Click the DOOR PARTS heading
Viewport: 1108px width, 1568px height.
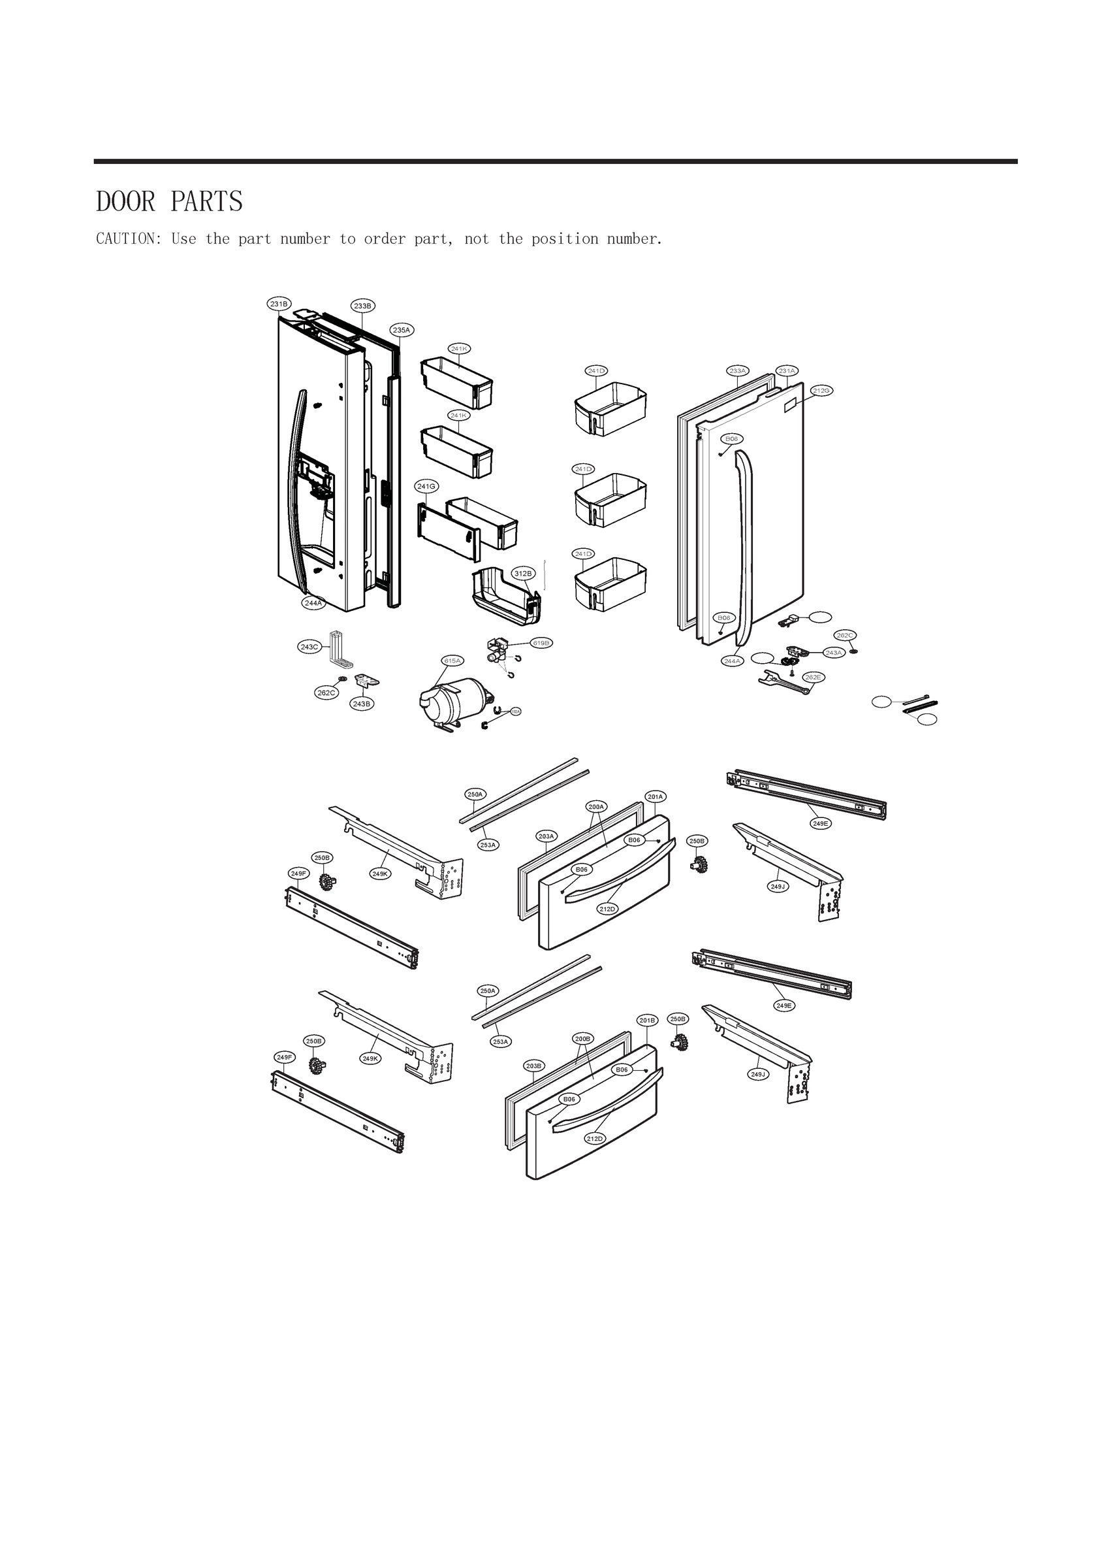[169, 202]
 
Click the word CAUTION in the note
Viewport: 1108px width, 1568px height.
[127, 239]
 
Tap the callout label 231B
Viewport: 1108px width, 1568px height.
[279, 304]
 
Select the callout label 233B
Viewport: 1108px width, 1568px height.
[362, 306]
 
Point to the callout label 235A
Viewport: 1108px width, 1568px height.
[402, 330]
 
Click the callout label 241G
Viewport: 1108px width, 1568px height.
[426, 486]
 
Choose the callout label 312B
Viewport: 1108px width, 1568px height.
[523, 574]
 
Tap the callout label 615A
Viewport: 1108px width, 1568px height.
[452, 661]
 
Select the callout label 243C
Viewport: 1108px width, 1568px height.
[309, 647]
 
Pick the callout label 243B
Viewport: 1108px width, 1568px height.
[362, 704]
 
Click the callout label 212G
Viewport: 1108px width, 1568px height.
[821, 391]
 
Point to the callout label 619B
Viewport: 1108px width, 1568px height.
[541, 643]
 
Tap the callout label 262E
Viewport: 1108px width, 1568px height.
[812, 677]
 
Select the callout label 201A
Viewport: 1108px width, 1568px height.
[656, 796]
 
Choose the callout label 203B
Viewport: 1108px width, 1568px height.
[534, 1066]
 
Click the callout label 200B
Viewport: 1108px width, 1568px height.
[583, 1039]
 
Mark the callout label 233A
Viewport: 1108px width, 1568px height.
[737, 371]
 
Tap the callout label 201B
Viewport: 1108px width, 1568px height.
[647, 1021]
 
